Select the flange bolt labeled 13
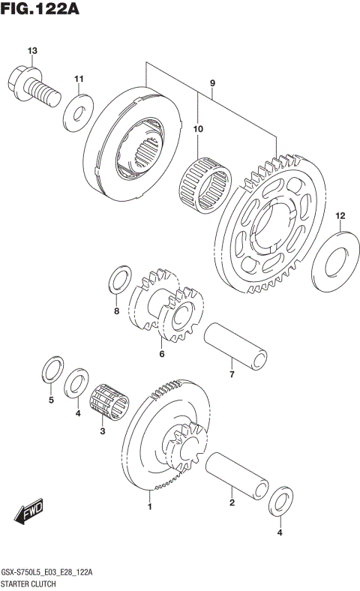click(x=31, y=84)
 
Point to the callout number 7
click(x=232, y=374)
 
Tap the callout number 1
click(x=149, y=508)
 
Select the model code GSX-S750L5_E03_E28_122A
click(x=47, y=571)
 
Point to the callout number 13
click(x=31, y=51)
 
